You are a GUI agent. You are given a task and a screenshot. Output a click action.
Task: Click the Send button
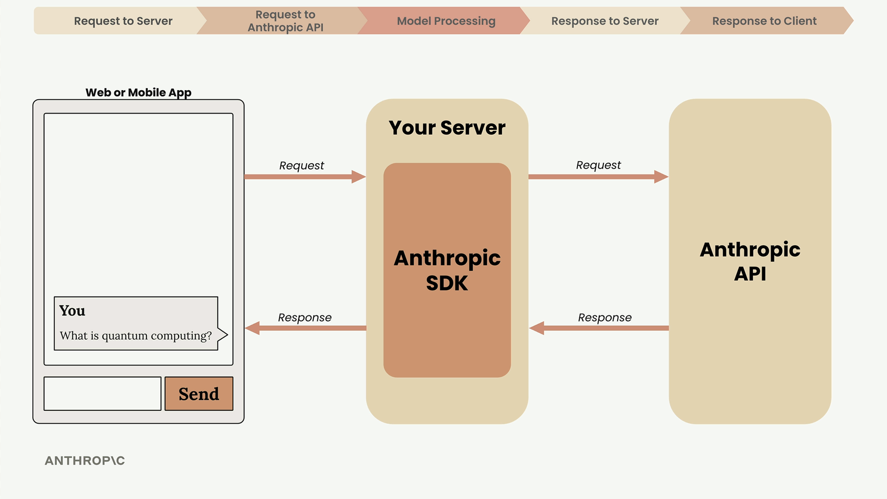point(199,394)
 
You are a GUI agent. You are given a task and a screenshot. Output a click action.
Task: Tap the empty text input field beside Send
point(102,394)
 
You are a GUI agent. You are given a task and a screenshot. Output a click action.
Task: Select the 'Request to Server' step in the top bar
point(123,21)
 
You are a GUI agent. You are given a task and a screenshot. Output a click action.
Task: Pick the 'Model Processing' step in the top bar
point(446,21)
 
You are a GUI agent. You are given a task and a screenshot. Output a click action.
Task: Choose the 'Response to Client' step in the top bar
point(764,21)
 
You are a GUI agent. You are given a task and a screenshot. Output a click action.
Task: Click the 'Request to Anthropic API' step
point(285,21)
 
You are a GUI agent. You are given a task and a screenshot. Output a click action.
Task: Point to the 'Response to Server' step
point(605,21)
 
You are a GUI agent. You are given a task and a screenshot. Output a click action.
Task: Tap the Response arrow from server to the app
point(305,328)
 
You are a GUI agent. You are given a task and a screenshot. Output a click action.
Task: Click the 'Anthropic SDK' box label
point(447,270)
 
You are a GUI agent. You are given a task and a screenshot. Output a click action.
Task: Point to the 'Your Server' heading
point(447,128)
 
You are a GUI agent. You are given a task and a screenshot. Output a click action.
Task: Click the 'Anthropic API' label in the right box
point(750,262)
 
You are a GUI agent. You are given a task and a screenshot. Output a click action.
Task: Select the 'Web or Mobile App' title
point(138,92)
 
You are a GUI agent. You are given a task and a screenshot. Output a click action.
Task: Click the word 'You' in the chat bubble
point(72,310)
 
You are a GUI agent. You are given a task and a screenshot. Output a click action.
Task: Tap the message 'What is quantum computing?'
point(135,335)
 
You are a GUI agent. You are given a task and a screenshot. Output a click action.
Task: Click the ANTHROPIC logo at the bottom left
point(85,461)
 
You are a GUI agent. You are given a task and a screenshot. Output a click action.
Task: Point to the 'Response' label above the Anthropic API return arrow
point(604,317)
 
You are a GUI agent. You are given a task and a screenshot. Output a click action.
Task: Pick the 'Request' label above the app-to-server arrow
point(301,165)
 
